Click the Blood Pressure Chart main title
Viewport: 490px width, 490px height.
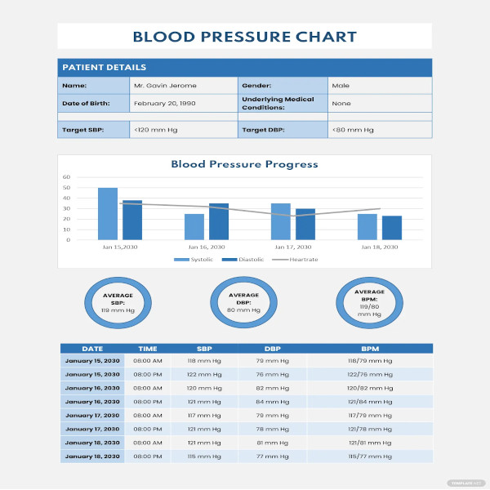coord(244,37)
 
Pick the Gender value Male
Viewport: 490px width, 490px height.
coord(341,85)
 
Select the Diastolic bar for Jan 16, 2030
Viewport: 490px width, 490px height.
coord(219,221)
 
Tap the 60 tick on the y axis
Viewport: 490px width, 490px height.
coord(67,177)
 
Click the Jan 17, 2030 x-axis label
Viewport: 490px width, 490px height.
coord(292,247)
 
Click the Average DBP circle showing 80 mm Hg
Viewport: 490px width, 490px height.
coord(243,302)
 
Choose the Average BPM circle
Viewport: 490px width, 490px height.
coord(369,302)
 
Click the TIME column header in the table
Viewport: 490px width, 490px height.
coord(148,348)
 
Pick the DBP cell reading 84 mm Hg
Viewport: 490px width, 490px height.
coord(272,402)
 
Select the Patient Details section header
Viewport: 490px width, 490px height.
coord(105,68)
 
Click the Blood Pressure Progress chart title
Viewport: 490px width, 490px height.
coord(244,164)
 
